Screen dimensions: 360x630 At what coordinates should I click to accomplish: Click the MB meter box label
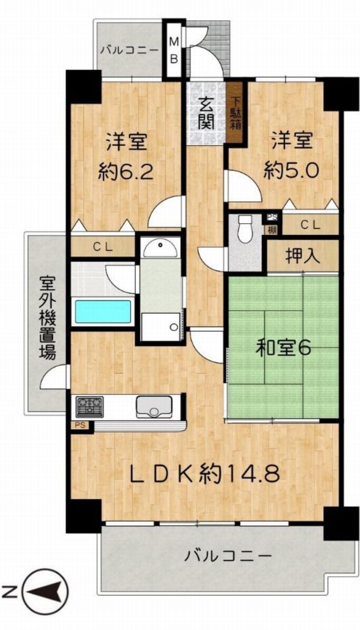click(x=175, y=50)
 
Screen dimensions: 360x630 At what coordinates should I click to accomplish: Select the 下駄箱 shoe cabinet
click(x=235, y=112)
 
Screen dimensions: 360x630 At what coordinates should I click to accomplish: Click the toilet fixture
click(x=245, y=229)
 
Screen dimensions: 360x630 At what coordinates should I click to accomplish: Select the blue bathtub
click(x=103, y=311)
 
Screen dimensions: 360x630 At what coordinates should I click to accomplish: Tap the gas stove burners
click(x=89, y=407)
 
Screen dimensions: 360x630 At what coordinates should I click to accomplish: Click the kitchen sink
click(x=154, y=407)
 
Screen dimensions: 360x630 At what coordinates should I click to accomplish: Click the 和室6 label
click(x=284, y=349)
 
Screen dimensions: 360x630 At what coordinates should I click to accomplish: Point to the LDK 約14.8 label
click(x=204, y=475)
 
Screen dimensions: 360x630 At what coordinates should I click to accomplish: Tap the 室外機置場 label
click(x=47, y=317)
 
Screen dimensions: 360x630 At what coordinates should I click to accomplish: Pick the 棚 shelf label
click(x=268, y=230)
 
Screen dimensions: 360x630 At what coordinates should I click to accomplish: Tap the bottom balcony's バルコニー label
click(x=228, y=556)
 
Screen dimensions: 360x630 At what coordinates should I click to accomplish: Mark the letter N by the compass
click(x=7, y=593)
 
